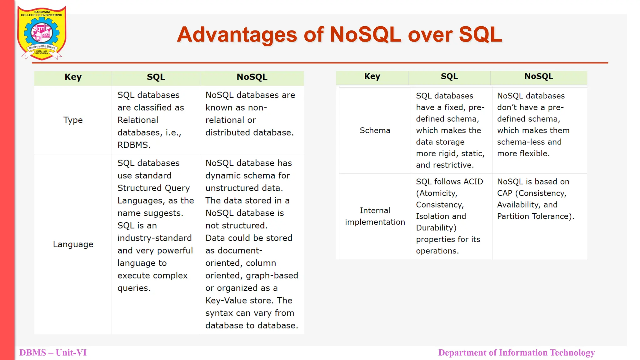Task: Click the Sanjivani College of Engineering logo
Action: [42, 32]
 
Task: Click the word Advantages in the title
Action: [237, 34]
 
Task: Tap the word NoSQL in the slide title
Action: [365, 34]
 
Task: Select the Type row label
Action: [73, 120]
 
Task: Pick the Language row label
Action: [73, 244]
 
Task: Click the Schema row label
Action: [375, 130]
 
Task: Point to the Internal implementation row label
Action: [375, 216]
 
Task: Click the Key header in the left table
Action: [73, 77]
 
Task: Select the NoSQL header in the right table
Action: [538, 76]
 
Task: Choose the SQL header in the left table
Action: [156, 77]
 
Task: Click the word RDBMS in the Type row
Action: [133, 145]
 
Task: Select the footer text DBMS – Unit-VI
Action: [53, 352]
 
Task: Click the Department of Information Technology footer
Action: [516, 352]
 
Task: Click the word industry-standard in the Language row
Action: [154, 238]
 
